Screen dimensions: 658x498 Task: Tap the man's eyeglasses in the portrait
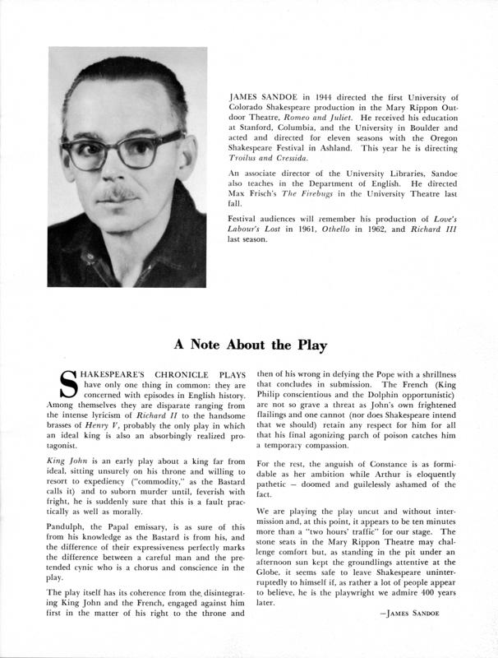click(x=123, y=151)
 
